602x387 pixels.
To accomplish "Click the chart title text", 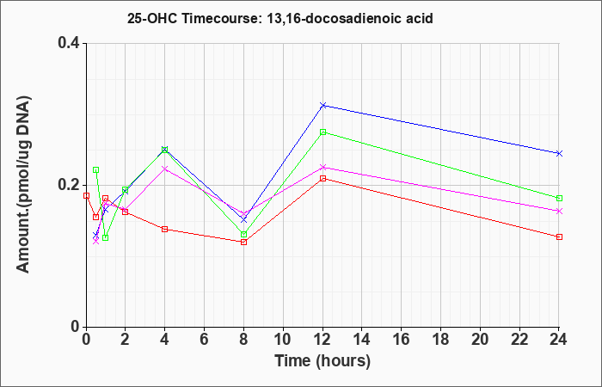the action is (x=279, y=18).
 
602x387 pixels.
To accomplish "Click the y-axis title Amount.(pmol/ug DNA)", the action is (x=23, y=184).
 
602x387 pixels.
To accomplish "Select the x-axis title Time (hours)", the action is (x=322, y=361).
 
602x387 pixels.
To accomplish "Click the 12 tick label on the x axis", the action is (x=322, y=340).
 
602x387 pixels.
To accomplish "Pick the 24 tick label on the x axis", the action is (x=559, y=340).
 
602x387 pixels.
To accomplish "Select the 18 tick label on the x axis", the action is (x=440, y=340).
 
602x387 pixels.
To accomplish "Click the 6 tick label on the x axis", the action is (x=205, y=340).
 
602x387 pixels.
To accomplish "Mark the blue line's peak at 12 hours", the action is (x=322, y=105).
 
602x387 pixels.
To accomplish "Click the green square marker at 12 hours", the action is (x=322, y=132).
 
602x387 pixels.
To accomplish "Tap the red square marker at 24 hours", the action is (x=559, y=236).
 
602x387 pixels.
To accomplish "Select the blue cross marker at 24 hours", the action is (x=559, y=154).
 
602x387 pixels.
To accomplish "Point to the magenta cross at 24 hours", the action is (x=559, y=212).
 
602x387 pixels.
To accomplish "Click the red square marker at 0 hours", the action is (x=86, y=195).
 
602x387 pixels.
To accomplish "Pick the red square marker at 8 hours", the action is (x=243, y=242).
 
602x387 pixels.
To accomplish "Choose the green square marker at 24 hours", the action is (x=559, y=198).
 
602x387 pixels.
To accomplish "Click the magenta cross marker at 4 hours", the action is (x=165, y=169).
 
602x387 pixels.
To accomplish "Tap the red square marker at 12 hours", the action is (x=322, y=179).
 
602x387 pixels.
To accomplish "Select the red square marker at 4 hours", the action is (x=165, y=230).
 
